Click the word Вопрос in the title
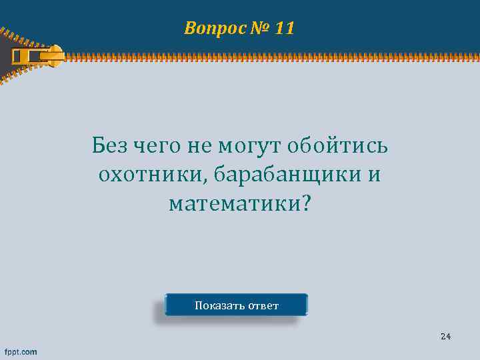point(209,29)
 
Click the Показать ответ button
point(236,305)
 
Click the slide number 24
point(445,336)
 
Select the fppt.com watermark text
point(21,351)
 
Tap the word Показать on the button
point(219,306)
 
